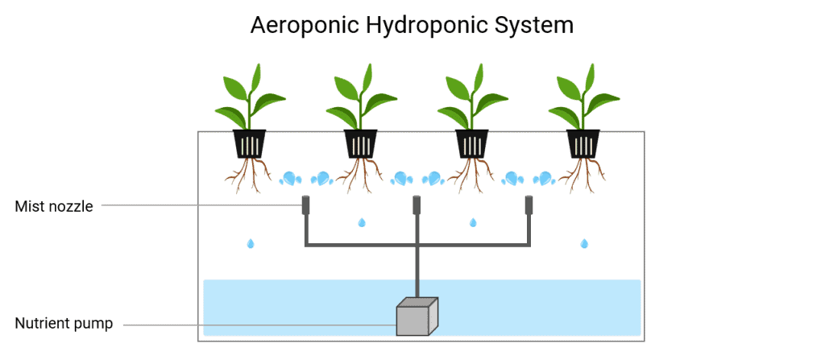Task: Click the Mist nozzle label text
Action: tap(54, 206)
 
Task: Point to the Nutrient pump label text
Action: tap(64, 323)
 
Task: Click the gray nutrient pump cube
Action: tap(417, 317)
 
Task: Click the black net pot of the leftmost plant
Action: tap(250, 143)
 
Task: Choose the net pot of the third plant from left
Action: tap(472, 143)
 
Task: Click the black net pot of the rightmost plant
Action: tap(583, 143)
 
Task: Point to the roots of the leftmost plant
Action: tap(248, 175)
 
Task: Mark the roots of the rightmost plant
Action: tap(582, 175)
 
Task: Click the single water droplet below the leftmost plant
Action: tap(251, 244)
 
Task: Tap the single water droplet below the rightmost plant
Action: tap(584, 244)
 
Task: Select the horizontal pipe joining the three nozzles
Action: tap(417, 245)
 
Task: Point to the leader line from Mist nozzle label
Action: tap(201, 205)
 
